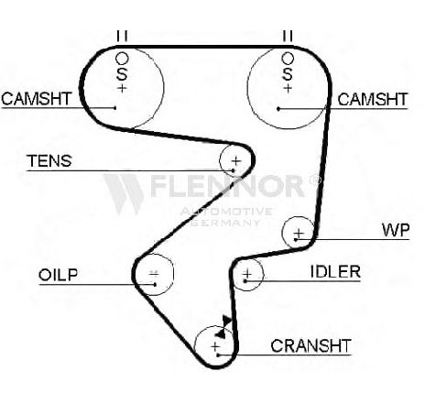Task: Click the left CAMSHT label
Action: pyautogui.click(x=36, y=99)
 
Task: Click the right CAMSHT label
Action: pyautogui.click(x=372, y=99)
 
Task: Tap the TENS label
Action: pyautogui.click(x=49, y=161)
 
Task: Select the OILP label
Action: pyautogui.click(x=58, y=275)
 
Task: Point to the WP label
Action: pyautogui.click(x=396, y=230)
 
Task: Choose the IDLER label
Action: pyautogui.click(x=335, y=271)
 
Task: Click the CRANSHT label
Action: pyautogui.click(x=311, y=345)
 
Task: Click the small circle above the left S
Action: pyautogui.click(x=122, y=59)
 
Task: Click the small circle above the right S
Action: pyautogui.click(x=288, y=59)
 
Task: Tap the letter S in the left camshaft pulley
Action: pyautogui.click(x=122, y=74)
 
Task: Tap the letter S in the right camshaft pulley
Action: pyautogui.click(x=288, y=74)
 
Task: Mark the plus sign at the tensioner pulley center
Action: pyautogui.click(x=236, y=160)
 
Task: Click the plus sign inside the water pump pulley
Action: pyautogui.click(x=299, y=235)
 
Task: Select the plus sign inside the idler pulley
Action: pyautogui.click(x=247, y=273)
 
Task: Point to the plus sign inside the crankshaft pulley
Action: pyautogui.click(x=215, y=346)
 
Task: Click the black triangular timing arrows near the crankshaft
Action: pyautogui.click(x=223, y=327)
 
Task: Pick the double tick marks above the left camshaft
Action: pyautogui.click(x=122, y=36)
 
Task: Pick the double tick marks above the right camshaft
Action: pyautogui.click(x=288, y=36)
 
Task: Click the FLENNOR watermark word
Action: pyautogui.click(x=227, y=186)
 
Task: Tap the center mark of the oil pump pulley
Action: pyautogui.click(x=154, y=273)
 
